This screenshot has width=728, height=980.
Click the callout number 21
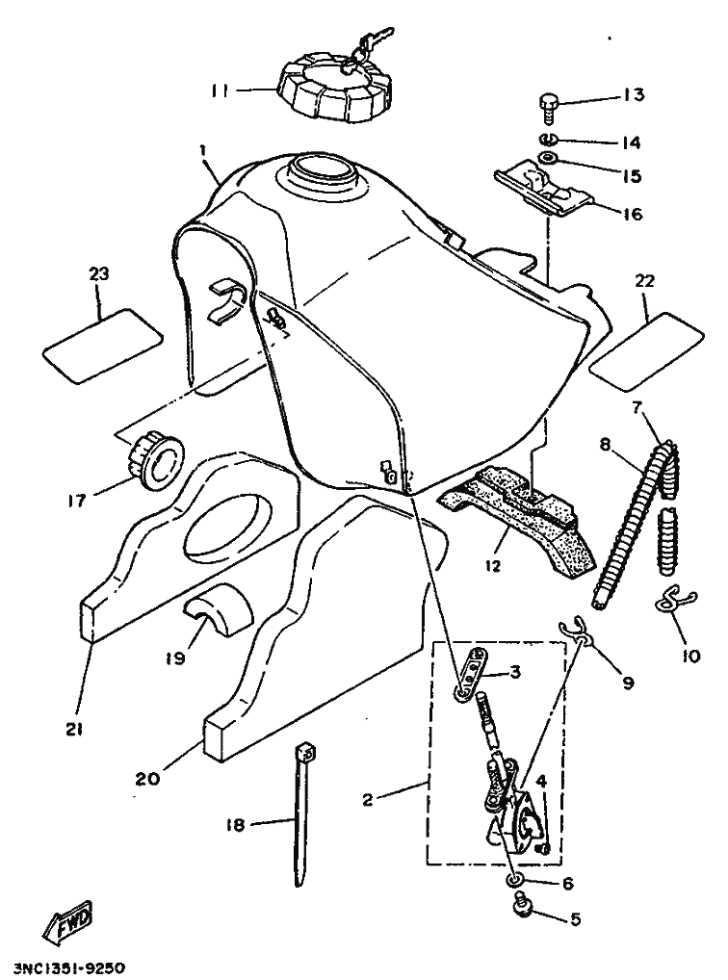pos(74,731)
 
